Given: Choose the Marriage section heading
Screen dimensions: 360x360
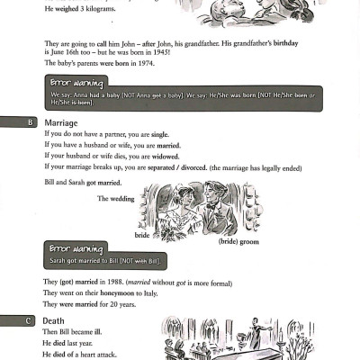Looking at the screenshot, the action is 61,122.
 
